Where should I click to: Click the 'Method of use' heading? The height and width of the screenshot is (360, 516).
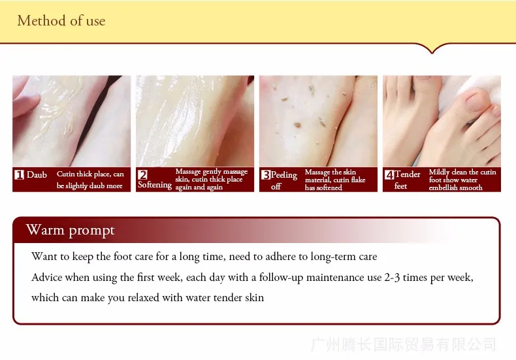click(x=61, y=20)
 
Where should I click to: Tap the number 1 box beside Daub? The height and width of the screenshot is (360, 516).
click(x=20, y=174)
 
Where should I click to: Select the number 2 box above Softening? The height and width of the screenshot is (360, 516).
click(x=142, y=174)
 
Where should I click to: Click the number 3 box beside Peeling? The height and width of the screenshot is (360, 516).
click(x=266, y=174)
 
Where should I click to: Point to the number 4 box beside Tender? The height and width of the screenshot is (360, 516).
click(x=389, y=174)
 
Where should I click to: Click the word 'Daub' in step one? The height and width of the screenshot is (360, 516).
click(x=37, y=174)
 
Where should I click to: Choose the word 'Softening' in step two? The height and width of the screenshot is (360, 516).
click(x=155, y=186)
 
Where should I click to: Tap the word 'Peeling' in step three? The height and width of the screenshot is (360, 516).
click(x=284, y=175)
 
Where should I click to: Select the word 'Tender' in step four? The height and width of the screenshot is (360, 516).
click(x=408, y=174)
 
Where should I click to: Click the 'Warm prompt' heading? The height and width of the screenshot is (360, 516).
click(x=70, y=230)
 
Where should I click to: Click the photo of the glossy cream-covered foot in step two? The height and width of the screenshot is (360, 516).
click(x=195, y=121)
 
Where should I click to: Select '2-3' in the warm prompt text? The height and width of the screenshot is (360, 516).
click(x=392, y=278)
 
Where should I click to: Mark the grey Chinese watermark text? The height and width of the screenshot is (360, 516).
click(x=404, y=344)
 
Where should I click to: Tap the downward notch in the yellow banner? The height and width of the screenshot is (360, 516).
click(x=432, y=50)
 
